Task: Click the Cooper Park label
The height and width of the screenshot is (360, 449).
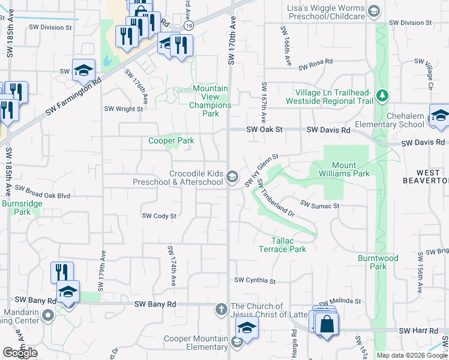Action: tap(171, 141)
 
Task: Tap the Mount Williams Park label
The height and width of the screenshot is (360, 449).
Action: tap(352, 170)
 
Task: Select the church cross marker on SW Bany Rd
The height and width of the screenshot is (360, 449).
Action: tap(221, 309)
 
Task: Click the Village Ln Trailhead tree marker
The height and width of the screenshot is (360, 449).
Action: tap(382, 95)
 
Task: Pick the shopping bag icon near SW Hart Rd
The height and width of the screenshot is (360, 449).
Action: tap(327, 324)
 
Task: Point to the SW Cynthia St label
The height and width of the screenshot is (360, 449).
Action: tap(255, 280)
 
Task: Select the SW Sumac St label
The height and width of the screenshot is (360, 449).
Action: tap(320, 206)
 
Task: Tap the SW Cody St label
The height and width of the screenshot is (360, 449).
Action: tap(159, 216)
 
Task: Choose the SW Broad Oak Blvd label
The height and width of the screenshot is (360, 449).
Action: tap(43, 191)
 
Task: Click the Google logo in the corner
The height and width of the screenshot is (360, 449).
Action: tap(20, 353)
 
